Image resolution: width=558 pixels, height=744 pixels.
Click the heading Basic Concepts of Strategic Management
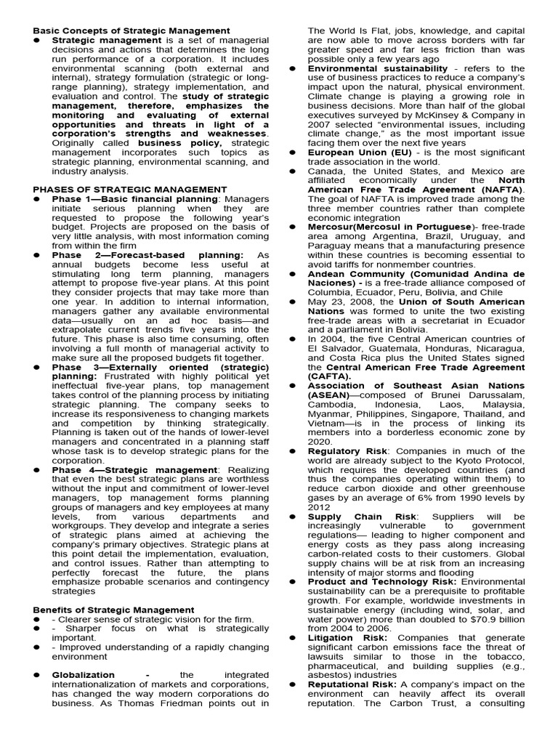click(132, 31)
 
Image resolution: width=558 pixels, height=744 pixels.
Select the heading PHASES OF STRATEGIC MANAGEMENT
click(125, 190)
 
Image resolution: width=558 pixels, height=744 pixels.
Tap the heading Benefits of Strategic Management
click(113, 609)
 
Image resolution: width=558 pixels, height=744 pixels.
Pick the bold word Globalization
click(84, 675)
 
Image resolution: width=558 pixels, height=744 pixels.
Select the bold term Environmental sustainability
click(378, 68)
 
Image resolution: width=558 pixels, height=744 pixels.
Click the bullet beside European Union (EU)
click(292, 153)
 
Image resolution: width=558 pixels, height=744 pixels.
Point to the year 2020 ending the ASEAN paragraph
click(318, 442)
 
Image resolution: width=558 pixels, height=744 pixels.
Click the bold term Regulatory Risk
click(347, 451)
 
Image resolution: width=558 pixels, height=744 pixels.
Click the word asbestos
click(332, 675)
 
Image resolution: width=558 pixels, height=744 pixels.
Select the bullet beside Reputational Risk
click(292, 684)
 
